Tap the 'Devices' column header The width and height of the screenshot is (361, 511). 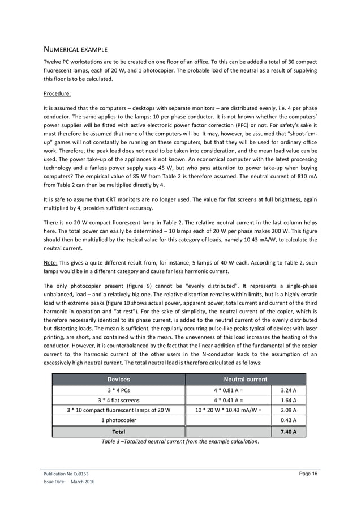119,379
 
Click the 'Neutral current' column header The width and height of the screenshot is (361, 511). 246,379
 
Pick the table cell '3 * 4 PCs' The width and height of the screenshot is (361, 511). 119,390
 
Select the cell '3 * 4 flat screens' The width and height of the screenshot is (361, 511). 119,399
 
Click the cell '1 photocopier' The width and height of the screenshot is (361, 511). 119,420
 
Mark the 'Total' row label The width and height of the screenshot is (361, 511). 119,432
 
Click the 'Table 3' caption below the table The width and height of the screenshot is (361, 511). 179,441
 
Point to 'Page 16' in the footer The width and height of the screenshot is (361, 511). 308,473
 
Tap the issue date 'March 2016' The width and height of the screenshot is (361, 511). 83,482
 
